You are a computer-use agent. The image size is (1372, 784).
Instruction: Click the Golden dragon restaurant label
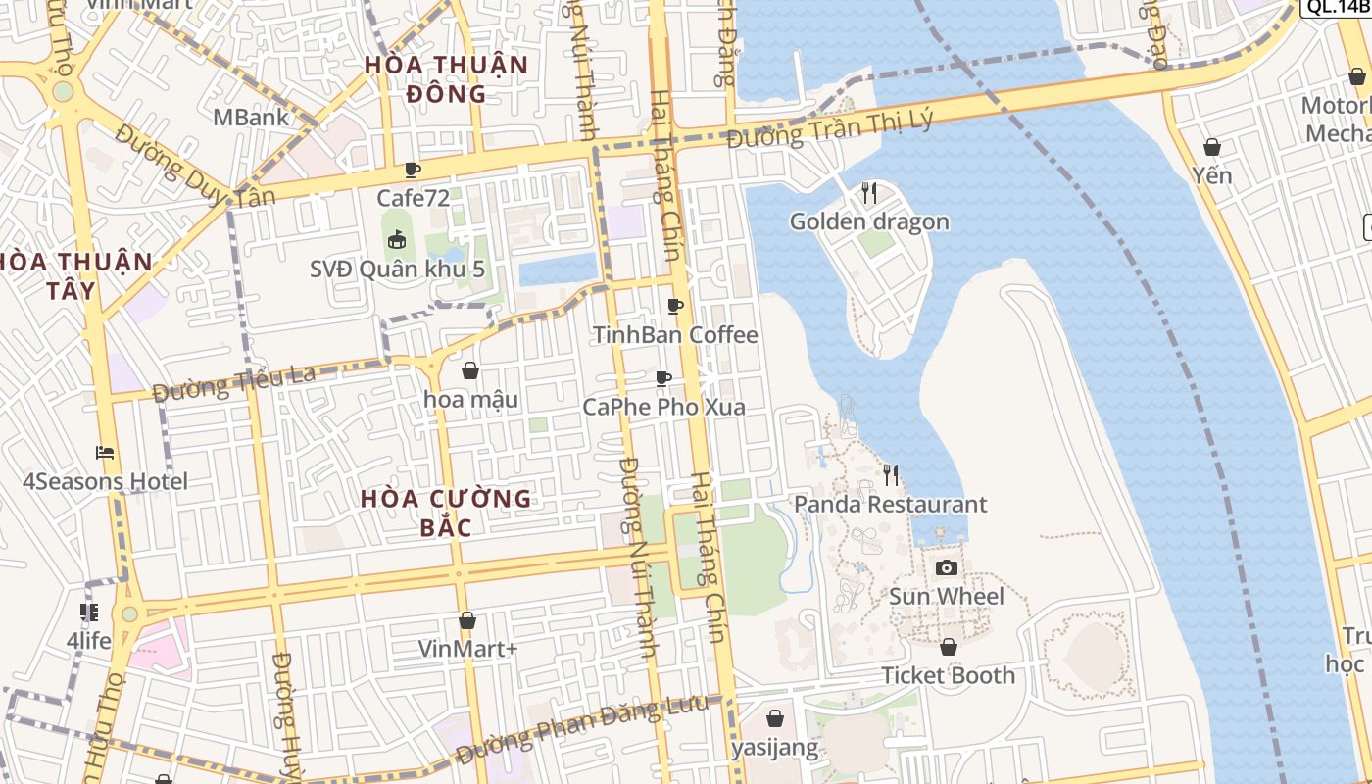(x=869, y=221)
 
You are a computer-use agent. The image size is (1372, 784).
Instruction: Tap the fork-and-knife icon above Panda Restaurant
(x=891, y=475)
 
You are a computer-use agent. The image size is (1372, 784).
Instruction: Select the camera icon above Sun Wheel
(x=946, y=567)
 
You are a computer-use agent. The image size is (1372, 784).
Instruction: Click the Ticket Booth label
(x=948, y=675)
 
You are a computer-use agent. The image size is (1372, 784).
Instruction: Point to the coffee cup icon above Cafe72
(x=413, y=170)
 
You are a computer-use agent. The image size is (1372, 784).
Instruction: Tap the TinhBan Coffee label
(x=675, y=335)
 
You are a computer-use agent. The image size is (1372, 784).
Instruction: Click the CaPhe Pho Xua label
(x=663, y=407)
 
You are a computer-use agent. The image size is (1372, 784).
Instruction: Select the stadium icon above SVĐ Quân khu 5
(x=397, y=239)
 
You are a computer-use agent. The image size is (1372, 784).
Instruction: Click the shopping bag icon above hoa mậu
(x=470, y=370)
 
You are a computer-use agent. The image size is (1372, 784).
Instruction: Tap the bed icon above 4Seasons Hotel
(x=105, y=453)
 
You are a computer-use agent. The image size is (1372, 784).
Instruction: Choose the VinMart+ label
(x=467, y=649)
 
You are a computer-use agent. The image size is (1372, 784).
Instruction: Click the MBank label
(x=251, y=118)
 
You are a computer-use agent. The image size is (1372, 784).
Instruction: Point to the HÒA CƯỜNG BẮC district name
(x=446, y=513)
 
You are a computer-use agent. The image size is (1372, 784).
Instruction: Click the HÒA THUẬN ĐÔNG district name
(x=446, y=79)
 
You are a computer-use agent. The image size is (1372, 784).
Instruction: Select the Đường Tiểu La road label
(x=235, y=383)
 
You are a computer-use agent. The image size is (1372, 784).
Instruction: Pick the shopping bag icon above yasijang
(x=775, y=718)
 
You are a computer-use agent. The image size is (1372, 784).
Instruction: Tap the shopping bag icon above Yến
(x=1212, y=147)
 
